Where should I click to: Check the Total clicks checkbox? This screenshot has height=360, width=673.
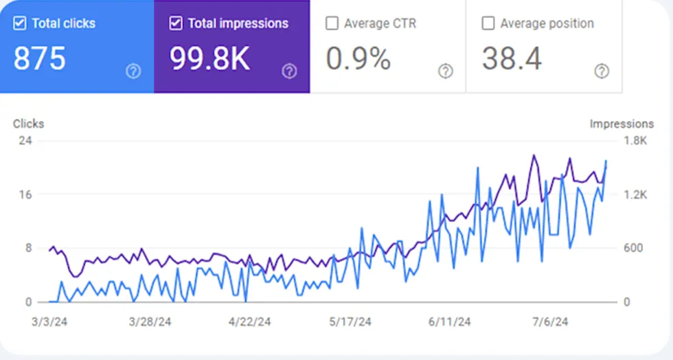pos(20,23)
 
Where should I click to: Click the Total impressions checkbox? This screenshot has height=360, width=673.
pos(176,23)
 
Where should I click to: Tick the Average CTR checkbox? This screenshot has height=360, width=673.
pos(332,23)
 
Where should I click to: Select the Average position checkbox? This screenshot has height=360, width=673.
pos(488,23)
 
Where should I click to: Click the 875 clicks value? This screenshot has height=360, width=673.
pos(40,59)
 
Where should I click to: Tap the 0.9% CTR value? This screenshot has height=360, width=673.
pos(358,59)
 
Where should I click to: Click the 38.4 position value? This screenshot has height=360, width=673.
pos(512,59)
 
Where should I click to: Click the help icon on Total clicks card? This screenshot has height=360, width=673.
pos(133,71)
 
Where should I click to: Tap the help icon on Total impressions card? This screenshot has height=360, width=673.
pos(289,71)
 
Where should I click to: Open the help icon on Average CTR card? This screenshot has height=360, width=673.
pos(446,71)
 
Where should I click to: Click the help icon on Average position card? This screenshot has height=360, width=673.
pos(602,71)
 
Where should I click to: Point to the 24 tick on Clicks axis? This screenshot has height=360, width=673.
pos(26,141)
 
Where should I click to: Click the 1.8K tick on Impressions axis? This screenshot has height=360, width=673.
pos(635,141)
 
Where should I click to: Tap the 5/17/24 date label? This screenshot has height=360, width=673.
pos(350,322)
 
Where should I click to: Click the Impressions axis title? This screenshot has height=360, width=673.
pos(621,124)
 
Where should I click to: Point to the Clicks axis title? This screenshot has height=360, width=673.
pos(28,124)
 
